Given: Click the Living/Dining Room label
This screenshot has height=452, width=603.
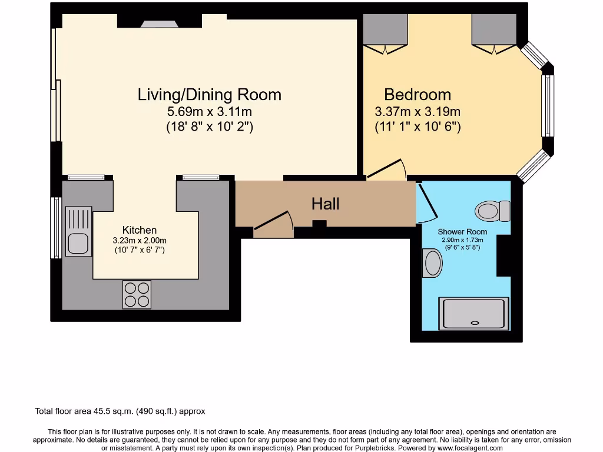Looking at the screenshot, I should (209, 94).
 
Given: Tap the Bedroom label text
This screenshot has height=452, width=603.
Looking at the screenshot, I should (418, 94).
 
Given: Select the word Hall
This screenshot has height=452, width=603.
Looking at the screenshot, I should (325, 204).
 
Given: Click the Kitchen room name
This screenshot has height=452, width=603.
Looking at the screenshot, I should (140, 230).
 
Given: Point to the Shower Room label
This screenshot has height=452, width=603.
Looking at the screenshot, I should (462, 232).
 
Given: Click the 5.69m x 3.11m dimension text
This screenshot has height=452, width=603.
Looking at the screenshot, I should (209, 111).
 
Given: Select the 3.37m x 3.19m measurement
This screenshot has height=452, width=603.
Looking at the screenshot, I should (418, 111).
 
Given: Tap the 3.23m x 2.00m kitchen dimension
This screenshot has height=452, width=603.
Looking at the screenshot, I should (140, 240).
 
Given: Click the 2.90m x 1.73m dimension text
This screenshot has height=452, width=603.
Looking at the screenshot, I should (462, 240).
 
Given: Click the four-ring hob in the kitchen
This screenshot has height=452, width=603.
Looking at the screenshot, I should (137, 294).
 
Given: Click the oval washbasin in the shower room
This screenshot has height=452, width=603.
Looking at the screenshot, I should (432, 263).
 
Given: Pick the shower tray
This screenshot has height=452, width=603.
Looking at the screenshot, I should (474, 313).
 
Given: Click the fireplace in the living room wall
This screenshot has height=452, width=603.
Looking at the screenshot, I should (159, 24).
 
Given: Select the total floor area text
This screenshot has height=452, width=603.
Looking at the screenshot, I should (120, 411).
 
